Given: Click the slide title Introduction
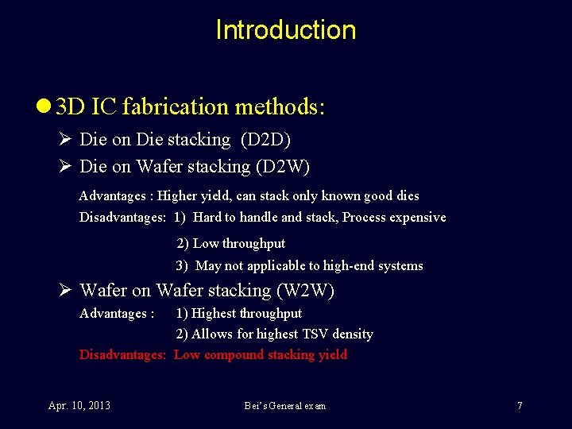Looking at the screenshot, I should point(286,30).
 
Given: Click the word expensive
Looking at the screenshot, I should point(418,217).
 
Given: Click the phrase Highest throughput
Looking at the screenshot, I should point(246,313).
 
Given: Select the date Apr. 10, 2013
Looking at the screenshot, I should point(79,406).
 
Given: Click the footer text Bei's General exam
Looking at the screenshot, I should point(284,406).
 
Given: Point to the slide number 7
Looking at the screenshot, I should point(520,406).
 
